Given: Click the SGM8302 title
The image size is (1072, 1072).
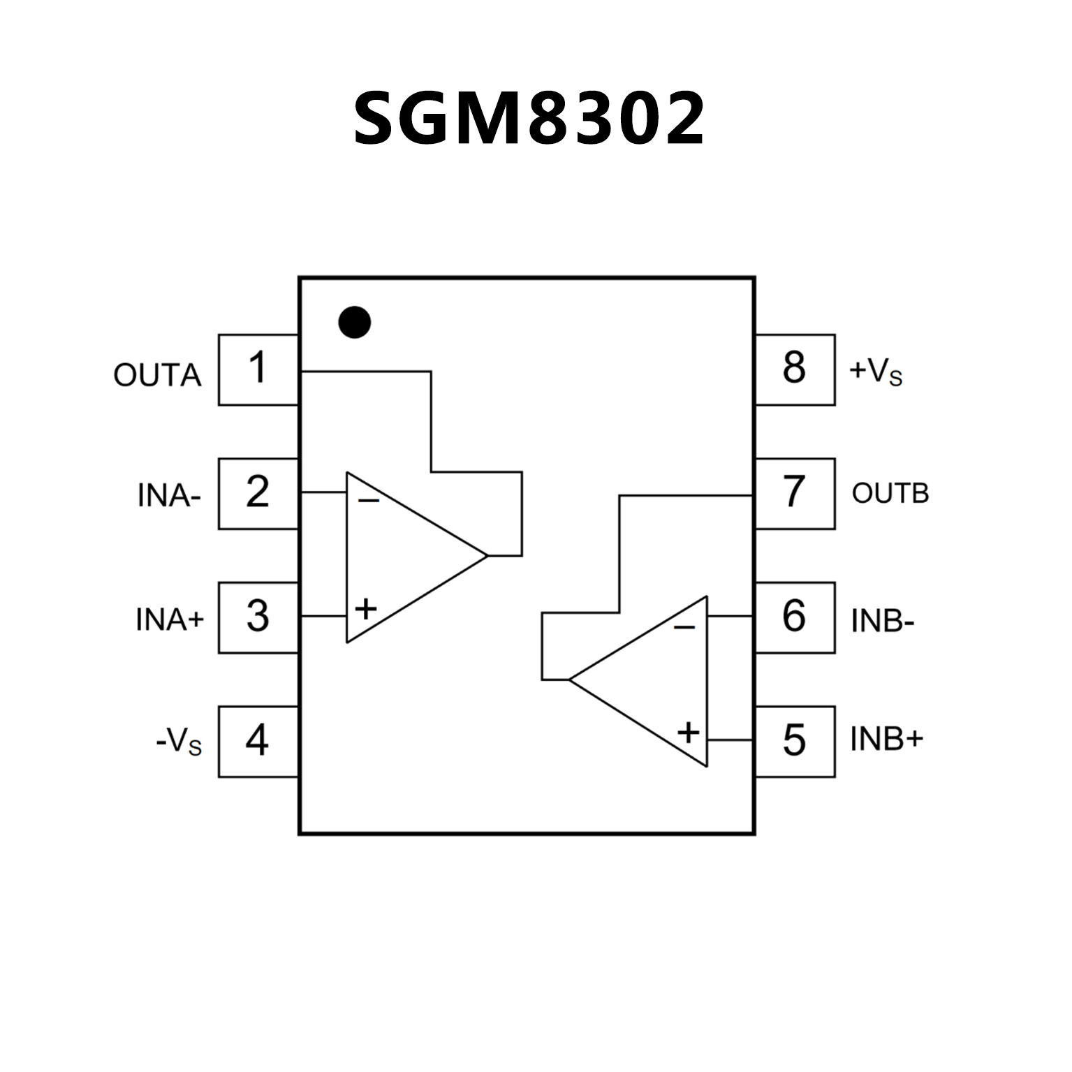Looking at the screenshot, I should point(529,119).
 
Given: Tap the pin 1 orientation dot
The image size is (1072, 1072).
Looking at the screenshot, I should point(354,322).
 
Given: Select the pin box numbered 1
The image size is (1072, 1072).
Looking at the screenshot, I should point(258,369).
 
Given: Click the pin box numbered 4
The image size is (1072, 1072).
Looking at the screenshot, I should point(258,741).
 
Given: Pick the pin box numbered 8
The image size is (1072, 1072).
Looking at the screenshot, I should point(795,369).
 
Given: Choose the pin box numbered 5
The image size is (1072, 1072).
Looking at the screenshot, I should point(795,741).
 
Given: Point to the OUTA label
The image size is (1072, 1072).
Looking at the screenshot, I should point(157,376).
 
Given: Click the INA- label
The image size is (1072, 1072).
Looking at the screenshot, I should point(169,497).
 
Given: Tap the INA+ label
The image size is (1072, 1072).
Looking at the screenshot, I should point(170,619).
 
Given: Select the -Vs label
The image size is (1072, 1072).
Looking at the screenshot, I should point(179,742).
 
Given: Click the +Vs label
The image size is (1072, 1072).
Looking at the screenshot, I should point(876,372).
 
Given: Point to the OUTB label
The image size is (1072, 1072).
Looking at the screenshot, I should point(890,494).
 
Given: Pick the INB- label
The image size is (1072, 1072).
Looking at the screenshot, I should point(883,621).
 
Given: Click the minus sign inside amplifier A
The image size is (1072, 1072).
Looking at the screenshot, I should point(369,500).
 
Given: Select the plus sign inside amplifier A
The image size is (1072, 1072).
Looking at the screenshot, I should point(366,609).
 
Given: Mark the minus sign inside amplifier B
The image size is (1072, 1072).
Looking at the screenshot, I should point(684,626).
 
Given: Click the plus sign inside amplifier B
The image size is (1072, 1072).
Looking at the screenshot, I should point(689,733).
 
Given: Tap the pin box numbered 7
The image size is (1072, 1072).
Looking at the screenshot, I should point(795,493).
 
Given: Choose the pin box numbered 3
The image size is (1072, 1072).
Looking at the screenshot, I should point(258,617).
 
